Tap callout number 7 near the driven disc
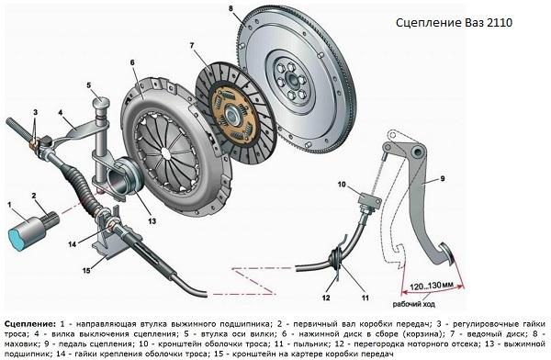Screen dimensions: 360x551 click(191, 45)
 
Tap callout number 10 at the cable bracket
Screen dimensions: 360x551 click(341, 186)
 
